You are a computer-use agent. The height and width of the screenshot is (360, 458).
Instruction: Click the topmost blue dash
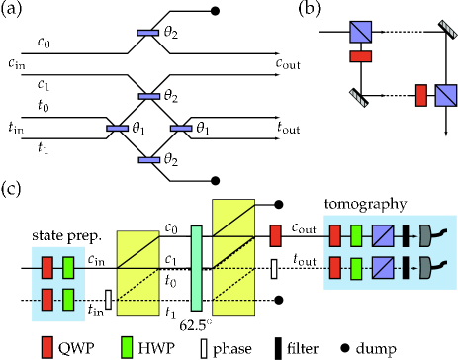click(x=147, y=33)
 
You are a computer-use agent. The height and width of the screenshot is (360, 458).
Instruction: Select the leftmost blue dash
click(x=117, y=129)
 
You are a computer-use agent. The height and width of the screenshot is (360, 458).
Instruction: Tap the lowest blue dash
click(x=148, y=160)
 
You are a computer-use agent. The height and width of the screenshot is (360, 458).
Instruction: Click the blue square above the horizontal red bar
click(x=360, y=32)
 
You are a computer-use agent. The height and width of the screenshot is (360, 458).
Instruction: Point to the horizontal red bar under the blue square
click(x=360, y=56)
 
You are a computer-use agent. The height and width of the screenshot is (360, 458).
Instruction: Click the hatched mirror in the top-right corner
click(x=447, y=29)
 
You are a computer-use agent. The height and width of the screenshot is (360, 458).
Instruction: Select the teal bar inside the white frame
click(x=196, y=268)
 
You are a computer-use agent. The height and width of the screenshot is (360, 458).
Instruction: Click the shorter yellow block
click(x=137, y=273)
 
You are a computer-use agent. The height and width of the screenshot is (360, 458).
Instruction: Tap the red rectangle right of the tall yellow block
click(x=275, y=235)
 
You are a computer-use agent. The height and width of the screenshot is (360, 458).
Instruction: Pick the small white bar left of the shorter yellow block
click(x=108, y=299)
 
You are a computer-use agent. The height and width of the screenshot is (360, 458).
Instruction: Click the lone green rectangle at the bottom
click(x=127, y=347)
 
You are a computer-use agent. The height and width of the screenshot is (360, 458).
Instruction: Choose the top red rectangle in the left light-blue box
click(x=46, y=267)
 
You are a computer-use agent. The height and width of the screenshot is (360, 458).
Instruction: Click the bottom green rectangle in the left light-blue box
click(x=68, y=299)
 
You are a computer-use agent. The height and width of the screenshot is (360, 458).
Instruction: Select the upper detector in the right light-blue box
click(x=426, y=235)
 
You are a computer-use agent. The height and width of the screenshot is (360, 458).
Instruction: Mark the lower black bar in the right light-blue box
click(x=405, y=268)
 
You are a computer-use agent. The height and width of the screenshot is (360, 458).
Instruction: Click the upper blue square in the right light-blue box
click(x=383, y=235)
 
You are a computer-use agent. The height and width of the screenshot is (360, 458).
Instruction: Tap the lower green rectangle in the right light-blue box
click(x=356, y=268)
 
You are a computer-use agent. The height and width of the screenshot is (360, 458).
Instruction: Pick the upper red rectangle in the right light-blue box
click(x=334, y=235)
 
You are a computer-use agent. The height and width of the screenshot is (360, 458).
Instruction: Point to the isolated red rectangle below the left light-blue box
click(x=46, y=347)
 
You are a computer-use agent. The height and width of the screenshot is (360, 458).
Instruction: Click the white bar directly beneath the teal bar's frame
click(x=204, y=348)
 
